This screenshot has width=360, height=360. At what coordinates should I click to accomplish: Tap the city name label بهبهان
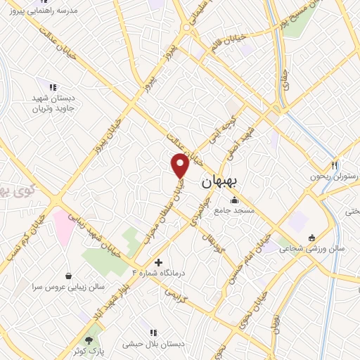[x=220, y=181]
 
